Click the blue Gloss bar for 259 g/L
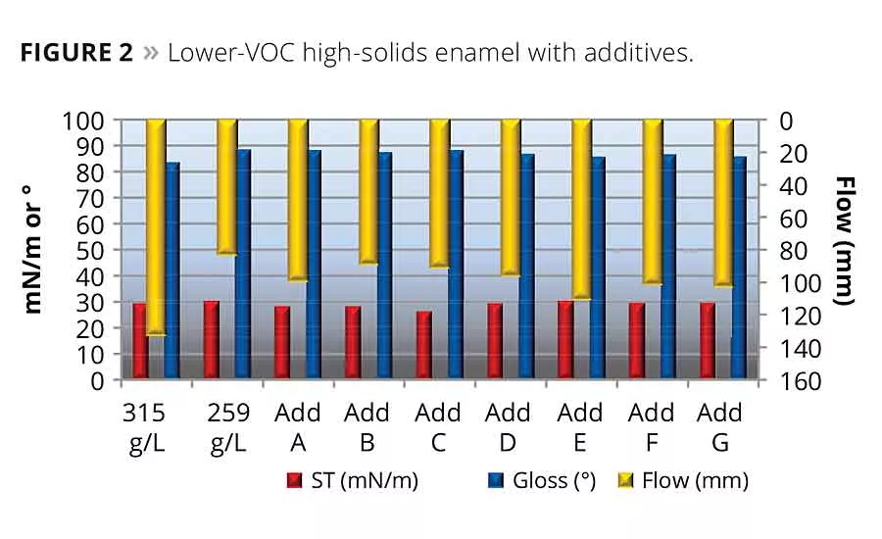pos(243,264)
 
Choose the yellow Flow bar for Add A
pos(298,200)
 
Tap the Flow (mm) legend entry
pos(685,481)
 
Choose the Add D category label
pos(508,427)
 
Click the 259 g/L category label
pos(228,427)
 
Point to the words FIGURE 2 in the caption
pos(76,53)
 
